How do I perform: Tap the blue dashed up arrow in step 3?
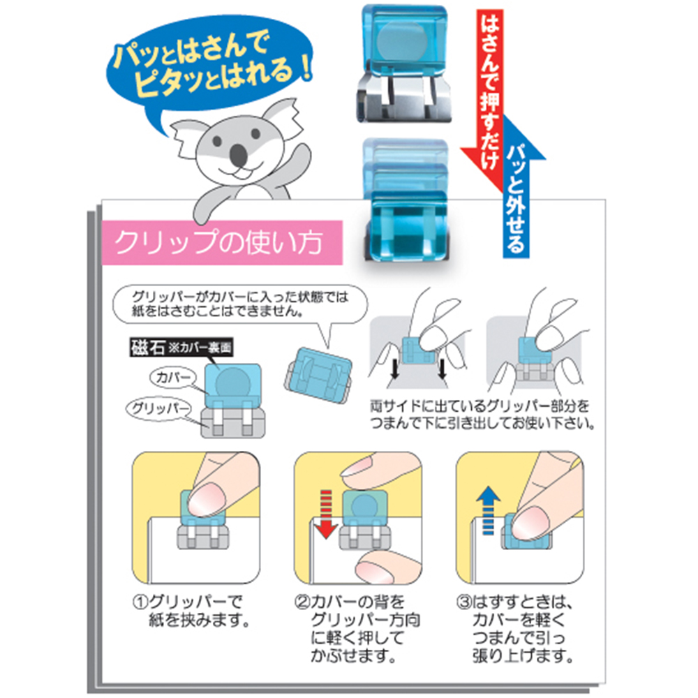[488, 510]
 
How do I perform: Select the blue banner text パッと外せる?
[516, 198]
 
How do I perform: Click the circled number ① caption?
[191, 611]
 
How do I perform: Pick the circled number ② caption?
[357, 629]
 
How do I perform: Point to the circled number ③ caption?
[516, 629]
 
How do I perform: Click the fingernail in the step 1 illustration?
[206, 500]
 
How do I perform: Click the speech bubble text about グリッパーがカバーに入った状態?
[240, 304]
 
